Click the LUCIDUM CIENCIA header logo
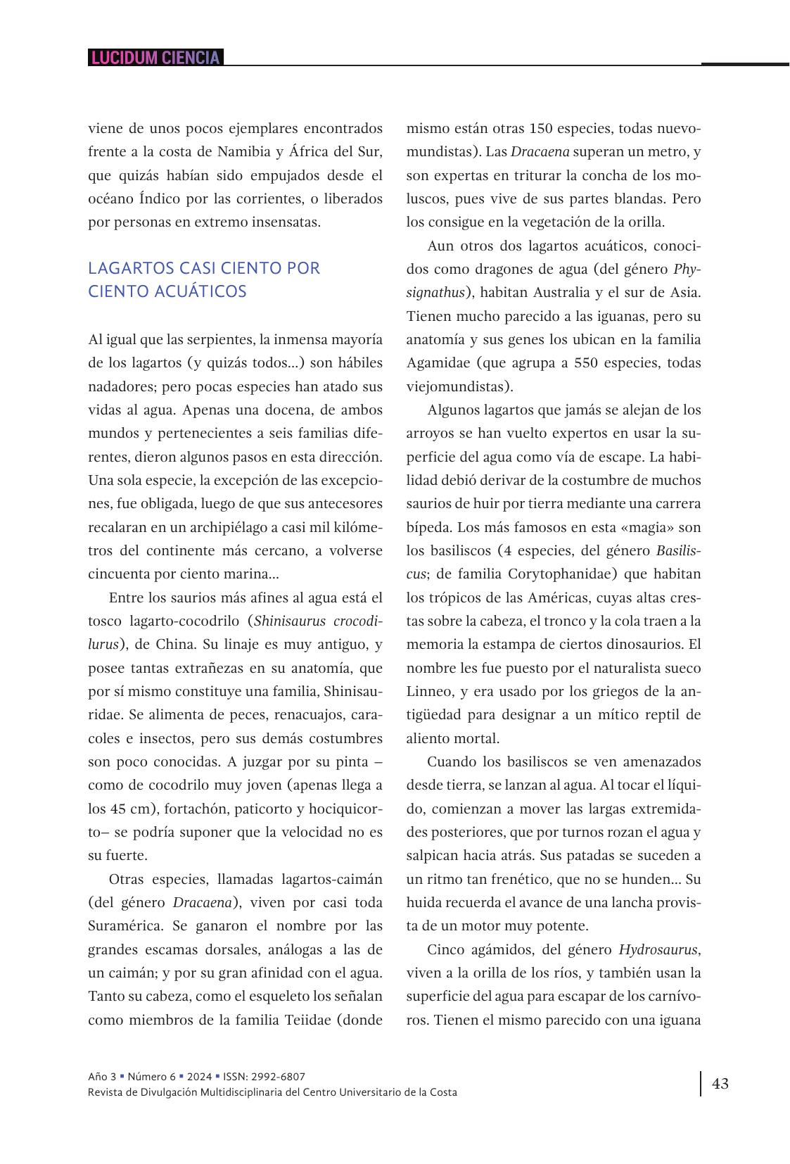[155, 58]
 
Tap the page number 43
[720, 1083]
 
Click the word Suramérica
[126, 926]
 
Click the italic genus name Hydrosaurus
[658, 949]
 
